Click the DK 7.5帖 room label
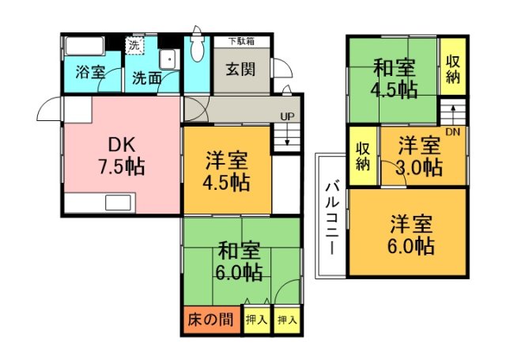click(x=121, y=156)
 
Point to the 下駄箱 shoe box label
click(x=242, y=41)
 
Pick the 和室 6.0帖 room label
click(x=240, y=262)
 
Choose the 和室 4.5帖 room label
click(x=394, y=78)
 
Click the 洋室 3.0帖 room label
click(x=418, y=156)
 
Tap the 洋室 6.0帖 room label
click(x=410, y=234)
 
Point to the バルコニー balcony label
click(x=331, y=215)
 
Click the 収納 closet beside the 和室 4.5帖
click(x=453, y=67)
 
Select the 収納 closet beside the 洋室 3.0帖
click(x=363, y=156)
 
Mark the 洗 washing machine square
click(x=134, y=45)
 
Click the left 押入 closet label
click(x=255, y=320)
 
